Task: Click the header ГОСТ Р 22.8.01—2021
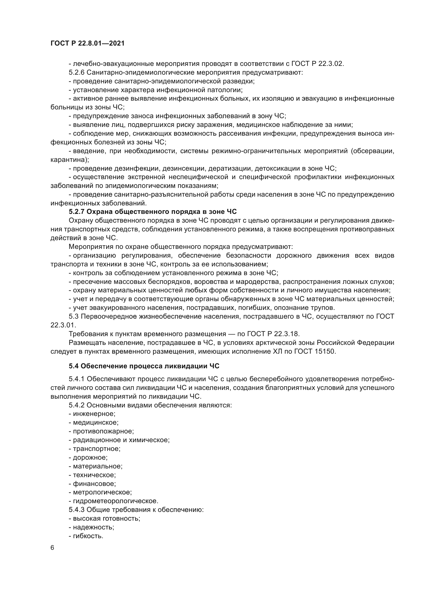87,43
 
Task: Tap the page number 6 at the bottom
52,548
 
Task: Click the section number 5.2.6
76,72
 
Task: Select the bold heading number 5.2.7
76,212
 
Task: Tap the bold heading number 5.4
73,366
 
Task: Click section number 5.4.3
76,510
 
